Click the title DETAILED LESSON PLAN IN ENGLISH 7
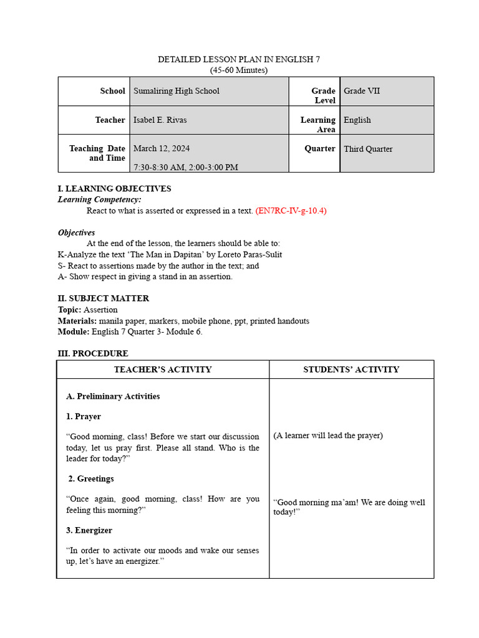tap(239, 60)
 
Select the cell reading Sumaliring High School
tap(177, 91)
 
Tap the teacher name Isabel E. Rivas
tap(160, 120)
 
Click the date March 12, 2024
tap(162, 149)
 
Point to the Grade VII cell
tap(362, 91)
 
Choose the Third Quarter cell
tap(368, 150)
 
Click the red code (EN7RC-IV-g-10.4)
tap(291, 211)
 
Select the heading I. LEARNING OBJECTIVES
tap(114, 189)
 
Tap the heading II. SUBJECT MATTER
tap(104, 298)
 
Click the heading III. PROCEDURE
tap(93, 353)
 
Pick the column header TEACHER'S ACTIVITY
tap(163, 369)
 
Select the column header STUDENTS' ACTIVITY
tap(351, 369)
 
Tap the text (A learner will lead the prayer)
tap(328, 436)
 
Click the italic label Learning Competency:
tap(100, 199)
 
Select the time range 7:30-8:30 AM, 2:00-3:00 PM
tap(186, 167)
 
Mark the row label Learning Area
tap(318, 125)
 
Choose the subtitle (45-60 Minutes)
tap(239, 70)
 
